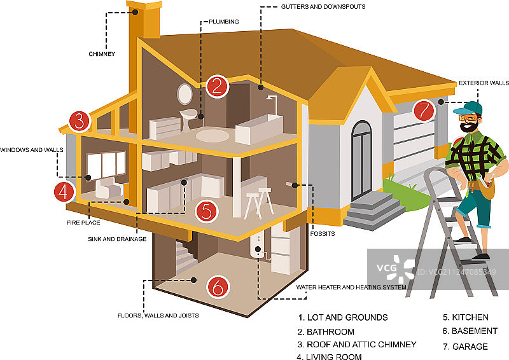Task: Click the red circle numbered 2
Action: pyautogui.click(x=217, y=87)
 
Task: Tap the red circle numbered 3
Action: pyautogui.click(x=78, y=120)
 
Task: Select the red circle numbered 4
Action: pyautogui.click(x=63, y=191)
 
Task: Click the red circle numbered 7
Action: pyautogui.click(x=424, y=110)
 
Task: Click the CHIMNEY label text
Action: pyautogui.click(x=102, y=54)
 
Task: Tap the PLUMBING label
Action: pyautogui.click(x=224, y=22)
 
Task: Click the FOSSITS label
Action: pyautogui.click(x=323, y=234)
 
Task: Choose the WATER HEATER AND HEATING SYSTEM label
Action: pyautogui.click(x=351, y=287)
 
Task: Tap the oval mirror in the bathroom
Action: pyautogui.click(x=185, y=94)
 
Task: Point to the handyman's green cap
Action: pyautogui.click(x=471, y=107)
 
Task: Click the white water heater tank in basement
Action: pyautogui.click(x=258, y=244)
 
